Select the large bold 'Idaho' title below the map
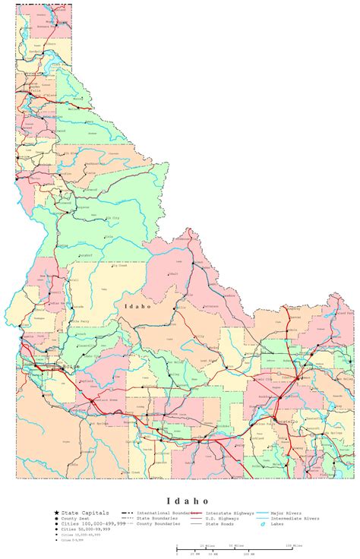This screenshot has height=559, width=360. (x=181, y=501)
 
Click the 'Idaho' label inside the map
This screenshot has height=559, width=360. (x=138, y=306)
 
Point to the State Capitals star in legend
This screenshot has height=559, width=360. (x=56, y=513)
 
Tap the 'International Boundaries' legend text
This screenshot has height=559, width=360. (x=163, y=513)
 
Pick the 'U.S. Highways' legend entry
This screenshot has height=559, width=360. (x=222, y=519)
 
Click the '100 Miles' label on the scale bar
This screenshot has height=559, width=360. (x=292, y=545)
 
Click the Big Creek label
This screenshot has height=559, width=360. (x=120, y=265)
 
